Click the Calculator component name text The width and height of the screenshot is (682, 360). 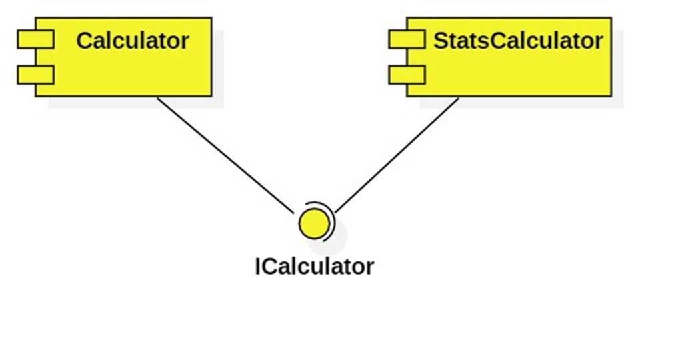coord(132,41)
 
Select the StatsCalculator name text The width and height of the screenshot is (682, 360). coord(518,41)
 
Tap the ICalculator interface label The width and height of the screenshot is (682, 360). coord(314,266)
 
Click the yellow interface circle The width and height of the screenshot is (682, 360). coord(314,223)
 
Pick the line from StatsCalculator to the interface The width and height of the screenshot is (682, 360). coord(398,155)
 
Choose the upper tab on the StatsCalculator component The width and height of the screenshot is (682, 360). coord(407,40)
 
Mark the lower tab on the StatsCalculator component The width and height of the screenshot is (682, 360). coord(407,75)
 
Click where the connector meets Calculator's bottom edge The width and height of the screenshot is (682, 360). coord(157,97)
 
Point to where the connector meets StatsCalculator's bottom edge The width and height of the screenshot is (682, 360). coord(459,97)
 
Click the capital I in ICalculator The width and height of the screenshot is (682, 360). coord(258,266)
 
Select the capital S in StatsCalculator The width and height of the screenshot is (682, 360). coord(441,41)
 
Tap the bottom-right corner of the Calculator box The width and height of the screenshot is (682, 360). coord(211,96)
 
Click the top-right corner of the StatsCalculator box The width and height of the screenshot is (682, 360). coord(611,18)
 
